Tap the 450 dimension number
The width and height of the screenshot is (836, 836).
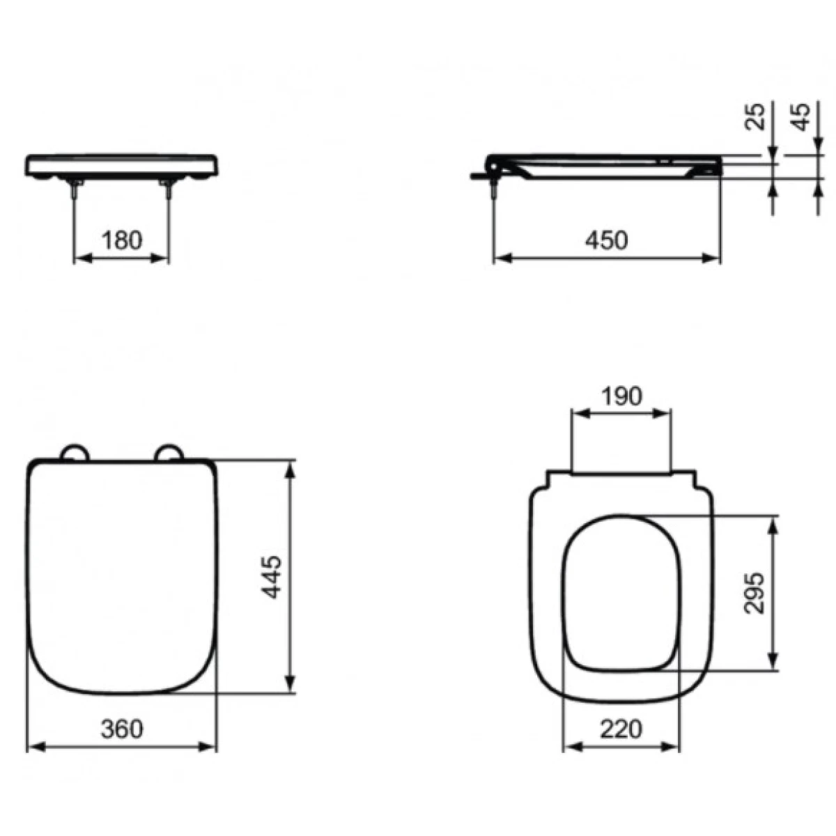click(x=607, y=240)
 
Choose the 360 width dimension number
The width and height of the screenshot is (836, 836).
click(x=121, y=729)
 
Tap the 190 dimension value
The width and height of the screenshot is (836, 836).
click(x=621, y=396)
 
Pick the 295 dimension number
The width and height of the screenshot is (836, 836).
click(x=754, y=593)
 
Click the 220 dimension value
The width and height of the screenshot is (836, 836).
click(x=621, y=729)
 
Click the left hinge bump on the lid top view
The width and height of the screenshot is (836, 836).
click(x=74, y=451)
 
